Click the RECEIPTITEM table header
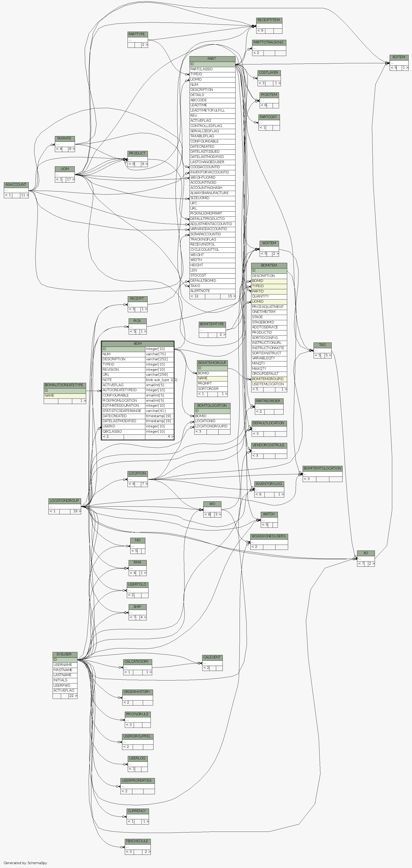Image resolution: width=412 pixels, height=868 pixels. (269, 20)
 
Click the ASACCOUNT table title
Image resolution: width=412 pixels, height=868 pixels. (16, 185)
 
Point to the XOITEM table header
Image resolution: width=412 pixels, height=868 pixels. (399, 57)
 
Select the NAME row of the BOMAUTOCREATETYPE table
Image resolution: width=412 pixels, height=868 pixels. (65, 396)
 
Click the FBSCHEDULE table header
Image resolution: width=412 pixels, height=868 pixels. (137, 841)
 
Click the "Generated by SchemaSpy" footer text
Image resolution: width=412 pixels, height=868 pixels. (25, 863)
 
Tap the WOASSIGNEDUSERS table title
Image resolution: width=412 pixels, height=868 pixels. (269, 536)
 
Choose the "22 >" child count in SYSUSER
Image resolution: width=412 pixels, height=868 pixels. (73, 696)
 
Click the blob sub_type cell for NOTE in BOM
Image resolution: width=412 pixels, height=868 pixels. (159, 380)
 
